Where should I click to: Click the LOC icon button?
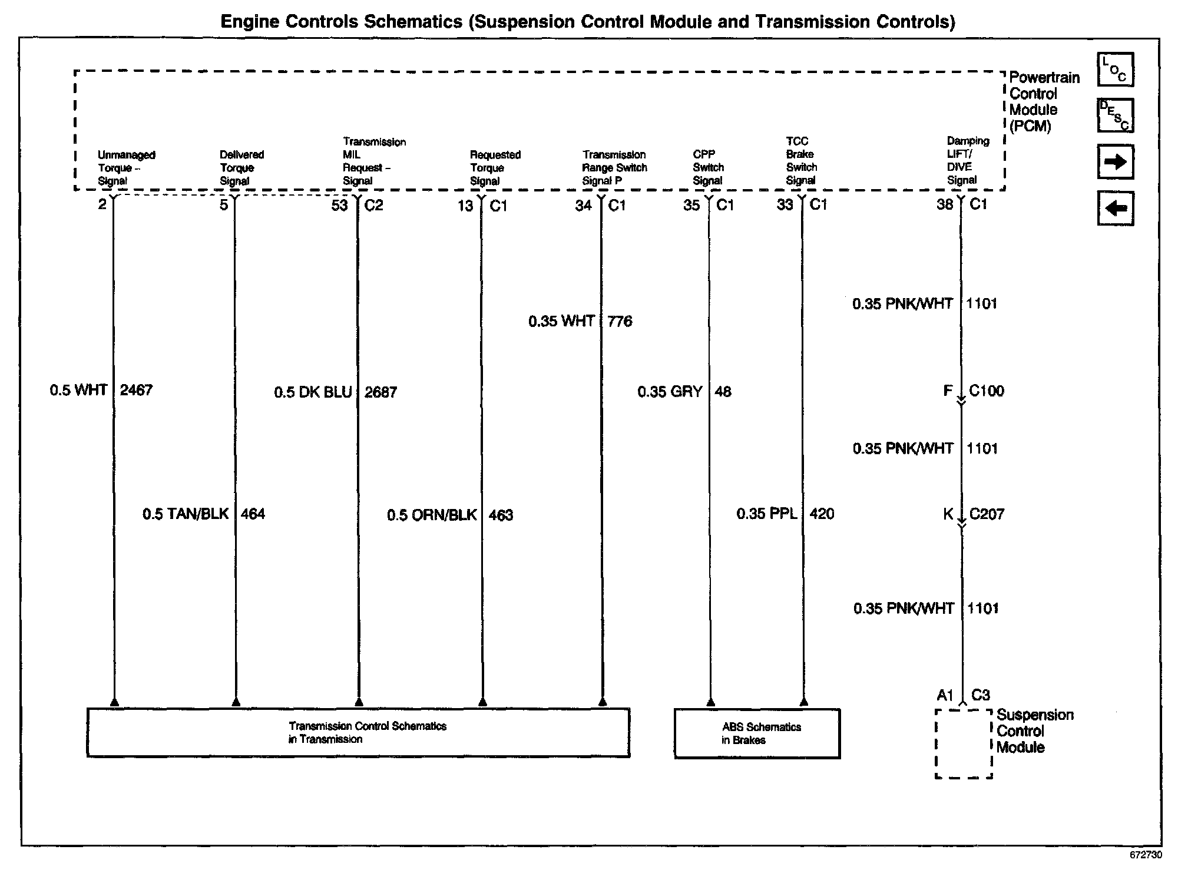pyautogui.click(x=1115, y=70)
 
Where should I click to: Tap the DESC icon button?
pyautogui.click(x=1115, y=115)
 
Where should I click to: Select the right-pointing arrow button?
pyautogui.click(x=1115, y=161)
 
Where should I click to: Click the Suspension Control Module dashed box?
pyautogui.click(x=964, y=743)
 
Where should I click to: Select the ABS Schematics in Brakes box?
pyautogui.click(x=757, y=733)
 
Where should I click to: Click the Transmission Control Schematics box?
pyautogui.click(x=358, y=733)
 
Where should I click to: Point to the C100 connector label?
pyautogui.click(x=987, y=391)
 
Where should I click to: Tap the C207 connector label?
pyautogui.click(x=987, y=514)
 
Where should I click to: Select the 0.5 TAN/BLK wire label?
pyautogui.click(x=186, y=514)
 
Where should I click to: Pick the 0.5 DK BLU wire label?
pyautogui.click(x=313, y=392)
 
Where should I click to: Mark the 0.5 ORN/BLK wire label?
pyautogui.click(x=432, y=515)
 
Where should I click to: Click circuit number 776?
pyautogui.click(x=620, y=322)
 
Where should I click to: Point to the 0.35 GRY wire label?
pyautogui.click(x=670, y=392)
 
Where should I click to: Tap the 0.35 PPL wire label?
pyautogui.click(x=766, y=514)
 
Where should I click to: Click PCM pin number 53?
pyautogui.click(x=339, y=206)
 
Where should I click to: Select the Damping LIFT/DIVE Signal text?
pyautogui.click(x=967, y=161)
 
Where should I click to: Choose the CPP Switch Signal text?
pyautogui.click(x=708, y=168)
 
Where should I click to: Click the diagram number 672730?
pyautogui.click(x=1146, y=855)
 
